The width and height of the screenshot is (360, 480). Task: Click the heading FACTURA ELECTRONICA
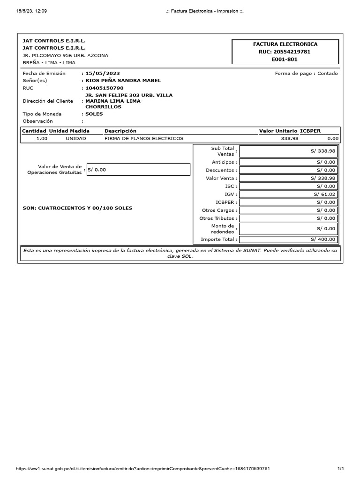285,44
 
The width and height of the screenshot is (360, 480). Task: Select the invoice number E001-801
285,60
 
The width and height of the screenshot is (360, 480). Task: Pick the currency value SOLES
94,114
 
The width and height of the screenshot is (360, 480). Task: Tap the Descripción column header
120,131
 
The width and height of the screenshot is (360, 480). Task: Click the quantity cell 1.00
42,139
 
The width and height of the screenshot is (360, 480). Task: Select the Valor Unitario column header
278,131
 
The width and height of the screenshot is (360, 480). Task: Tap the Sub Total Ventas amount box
288,151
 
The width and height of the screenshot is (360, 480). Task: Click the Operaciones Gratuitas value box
138,170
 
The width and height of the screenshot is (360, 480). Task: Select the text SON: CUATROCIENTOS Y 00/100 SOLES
77,208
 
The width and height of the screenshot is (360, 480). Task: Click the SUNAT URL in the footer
142,469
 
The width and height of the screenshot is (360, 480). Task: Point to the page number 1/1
341,469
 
